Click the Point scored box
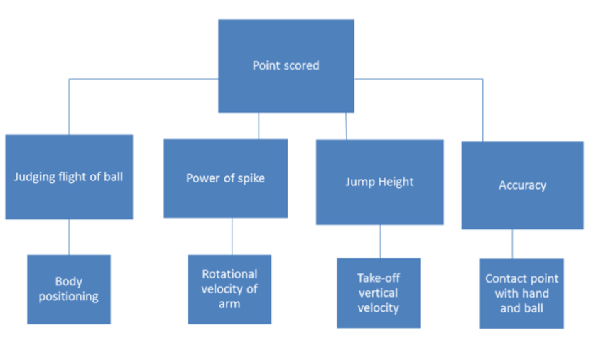tap(286, 65)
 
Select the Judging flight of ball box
tap(69, 177)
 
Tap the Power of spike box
tap(225, 178)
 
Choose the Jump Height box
tap(379, 182)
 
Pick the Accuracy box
tap(522, 185)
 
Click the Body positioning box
tap(69, 289)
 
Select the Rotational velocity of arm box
tap(229, 289)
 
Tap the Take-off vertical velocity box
tap(378, 293)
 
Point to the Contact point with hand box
tap(521, 293)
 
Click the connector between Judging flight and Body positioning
tap(69, 236)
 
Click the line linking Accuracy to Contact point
tap(512, 244)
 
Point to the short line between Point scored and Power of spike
tap(259, 126)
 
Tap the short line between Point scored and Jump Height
tap(346, 126)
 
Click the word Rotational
tap(229, 274)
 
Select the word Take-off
tap(378, 278)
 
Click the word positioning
tap(69, 296)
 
